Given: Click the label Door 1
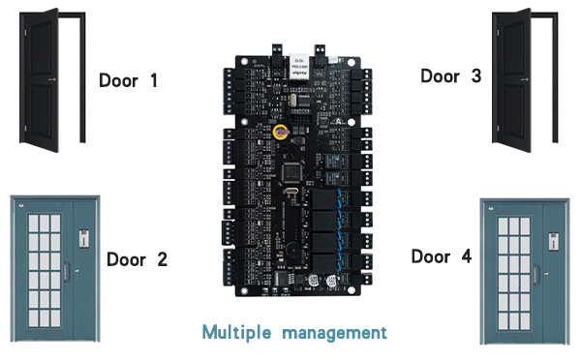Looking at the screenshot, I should coord(141,80).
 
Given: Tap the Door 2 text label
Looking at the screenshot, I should coord(137,258).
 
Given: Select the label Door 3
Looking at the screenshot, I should coord(451,75).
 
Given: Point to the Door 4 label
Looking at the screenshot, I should coord(442,256).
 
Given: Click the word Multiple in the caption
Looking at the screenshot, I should coord(237,332).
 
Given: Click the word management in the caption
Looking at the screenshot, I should coord(334,332).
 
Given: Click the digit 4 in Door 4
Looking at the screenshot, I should coord(468,256).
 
